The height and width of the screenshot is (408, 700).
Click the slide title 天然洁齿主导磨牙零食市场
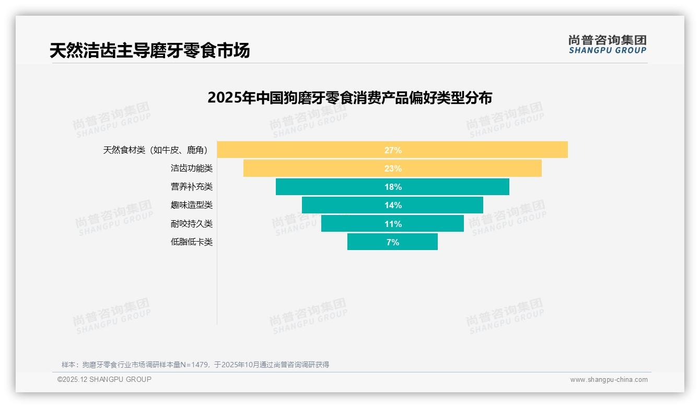tap(149, 50)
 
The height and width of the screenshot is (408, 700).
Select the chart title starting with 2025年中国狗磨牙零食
tap(349, 98)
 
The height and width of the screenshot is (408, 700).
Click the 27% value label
tap(393, 150)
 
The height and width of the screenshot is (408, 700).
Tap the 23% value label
tap(393, 168)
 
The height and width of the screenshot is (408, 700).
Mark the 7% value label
tap(393, 242)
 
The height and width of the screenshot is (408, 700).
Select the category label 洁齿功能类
tap(192, 168)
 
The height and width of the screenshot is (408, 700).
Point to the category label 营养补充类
tap(192, 187)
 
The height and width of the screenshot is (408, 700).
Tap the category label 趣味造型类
tap(192, 205)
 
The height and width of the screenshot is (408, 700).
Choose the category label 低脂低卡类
tap(192, 242)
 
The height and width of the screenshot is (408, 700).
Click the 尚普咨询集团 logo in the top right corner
tap(608, 44)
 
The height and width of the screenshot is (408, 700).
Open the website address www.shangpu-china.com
tap(609, 380)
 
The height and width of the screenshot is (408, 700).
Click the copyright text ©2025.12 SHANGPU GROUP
tap(104, 379)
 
